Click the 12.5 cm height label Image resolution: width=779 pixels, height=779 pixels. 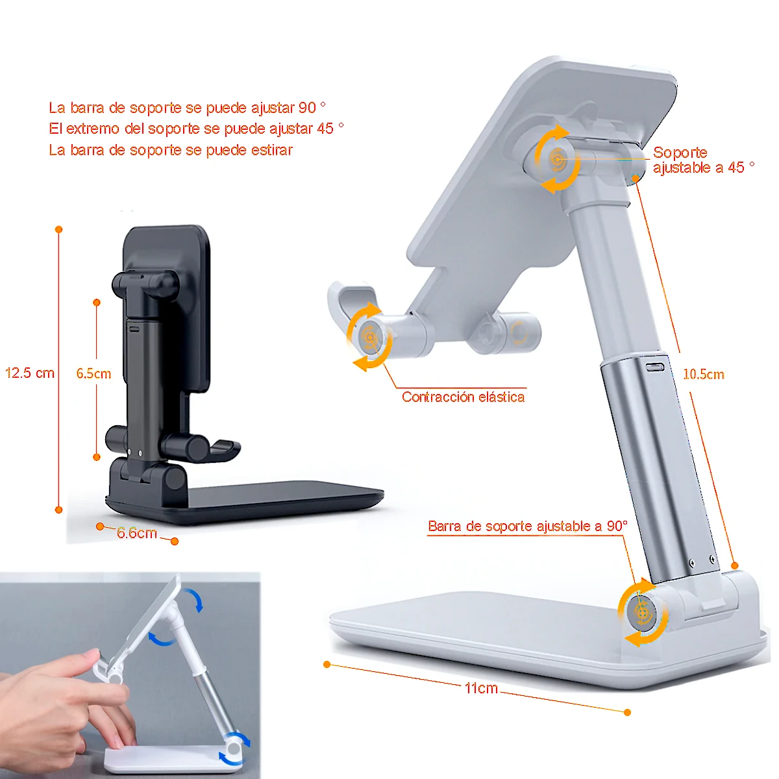pos(30,373)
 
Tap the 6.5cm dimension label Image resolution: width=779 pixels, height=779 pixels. pos(93,374)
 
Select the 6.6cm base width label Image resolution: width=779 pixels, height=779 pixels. pos(137,534)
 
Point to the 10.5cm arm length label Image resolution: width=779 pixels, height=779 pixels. pos(703,375)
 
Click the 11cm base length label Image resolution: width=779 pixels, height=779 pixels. pos(481,688)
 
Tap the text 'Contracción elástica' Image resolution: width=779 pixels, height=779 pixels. pos(463,397)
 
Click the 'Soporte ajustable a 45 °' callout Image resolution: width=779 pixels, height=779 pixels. pos(703,160)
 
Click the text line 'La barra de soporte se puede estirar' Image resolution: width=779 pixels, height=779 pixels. pos(171,150)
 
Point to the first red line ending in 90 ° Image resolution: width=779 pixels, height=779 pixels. pos(187,108)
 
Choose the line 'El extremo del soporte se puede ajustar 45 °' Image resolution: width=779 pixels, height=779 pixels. pos(196,129)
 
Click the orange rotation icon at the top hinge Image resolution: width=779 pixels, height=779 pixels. pos(557,160)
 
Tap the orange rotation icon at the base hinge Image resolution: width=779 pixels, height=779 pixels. pos(642,613)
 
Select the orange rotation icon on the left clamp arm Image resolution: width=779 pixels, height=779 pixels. pos(370,337)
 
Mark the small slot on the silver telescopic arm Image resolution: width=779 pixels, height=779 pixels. pos(656,367)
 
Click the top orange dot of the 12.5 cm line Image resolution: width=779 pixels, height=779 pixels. pos(59,230)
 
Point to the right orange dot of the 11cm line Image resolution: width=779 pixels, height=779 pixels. pos(627,712)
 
